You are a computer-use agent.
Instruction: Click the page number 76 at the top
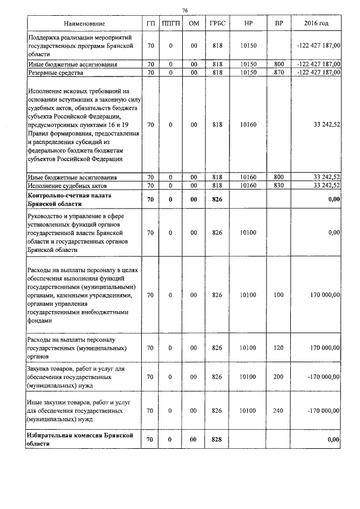pos(184,10)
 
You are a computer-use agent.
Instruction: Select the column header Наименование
pos(84,24)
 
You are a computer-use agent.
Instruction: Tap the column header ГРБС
pos(217,24)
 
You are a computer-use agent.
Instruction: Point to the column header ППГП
pos(170,24)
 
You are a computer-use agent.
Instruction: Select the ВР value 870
pos(278,73)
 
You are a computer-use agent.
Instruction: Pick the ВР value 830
pos(278,185)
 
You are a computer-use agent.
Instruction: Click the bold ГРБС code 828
pos(217,439)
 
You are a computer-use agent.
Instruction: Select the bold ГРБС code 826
pos(217,200)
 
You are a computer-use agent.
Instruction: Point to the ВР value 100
pos(278,294)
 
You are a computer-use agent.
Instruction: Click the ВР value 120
pos(278,348)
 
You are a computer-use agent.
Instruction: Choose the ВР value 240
pos(278,411)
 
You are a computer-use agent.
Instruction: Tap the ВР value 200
pos(278,377)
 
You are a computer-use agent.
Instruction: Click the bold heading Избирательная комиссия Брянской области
pos(79,439)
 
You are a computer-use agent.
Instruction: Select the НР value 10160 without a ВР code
pos(248,124)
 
